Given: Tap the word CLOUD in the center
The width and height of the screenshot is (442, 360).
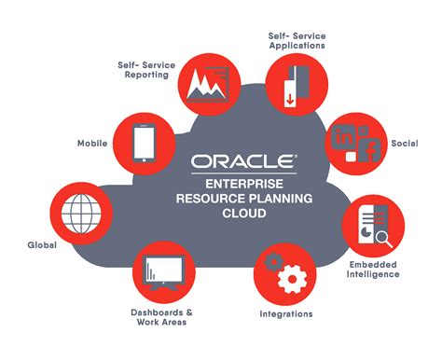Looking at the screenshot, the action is tap(244, 214).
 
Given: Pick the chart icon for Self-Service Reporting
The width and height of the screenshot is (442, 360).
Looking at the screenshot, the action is tap(205, 81).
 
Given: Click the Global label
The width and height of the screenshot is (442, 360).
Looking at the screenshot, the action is tap(42, 245).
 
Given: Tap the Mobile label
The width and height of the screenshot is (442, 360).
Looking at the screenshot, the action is tap(91, 144).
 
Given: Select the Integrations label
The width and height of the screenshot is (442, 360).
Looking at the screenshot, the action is tap(285, 314).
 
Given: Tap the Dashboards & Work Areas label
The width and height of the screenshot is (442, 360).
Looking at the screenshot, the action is tap(162, 316).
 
